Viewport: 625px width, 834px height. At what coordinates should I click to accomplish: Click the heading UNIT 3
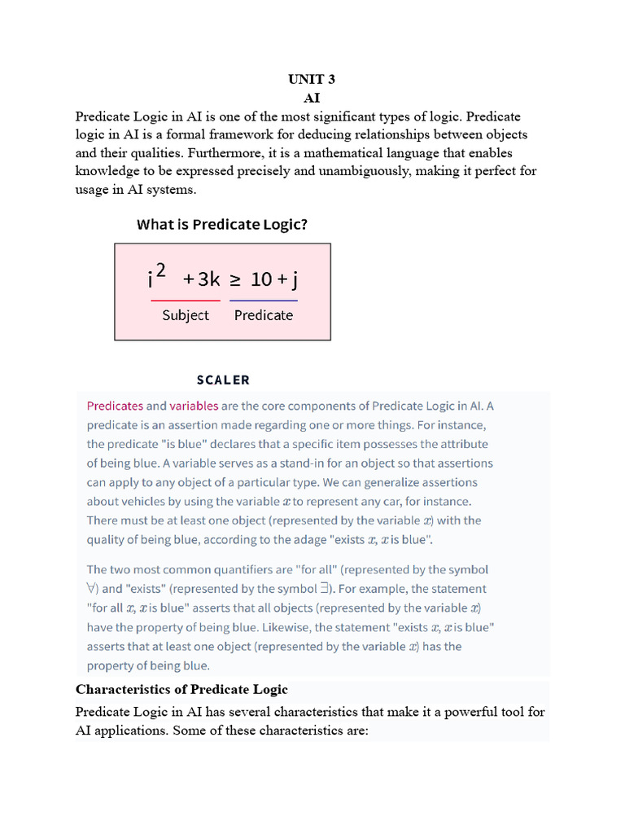point(312,79)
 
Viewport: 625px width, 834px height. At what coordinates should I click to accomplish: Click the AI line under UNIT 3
point(312,98)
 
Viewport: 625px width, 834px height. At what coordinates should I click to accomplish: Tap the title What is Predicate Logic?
point(222,225)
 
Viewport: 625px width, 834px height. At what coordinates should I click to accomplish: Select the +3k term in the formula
point(201,279)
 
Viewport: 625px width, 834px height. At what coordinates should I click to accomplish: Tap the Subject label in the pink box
point(186,315)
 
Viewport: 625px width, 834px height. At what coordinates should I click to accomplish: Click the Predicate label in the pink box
point(264,315)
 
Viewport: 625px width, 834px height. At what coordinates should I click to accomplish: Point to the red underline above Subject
point(186,301)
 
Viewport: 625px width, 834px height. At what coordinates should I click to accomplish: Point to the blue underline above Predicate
point(264,301)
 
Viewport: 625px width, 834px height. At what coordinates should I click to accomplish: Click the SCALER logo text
point(223,380)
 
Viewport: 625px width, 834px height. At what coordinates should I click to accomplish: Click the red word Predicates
point(115,406)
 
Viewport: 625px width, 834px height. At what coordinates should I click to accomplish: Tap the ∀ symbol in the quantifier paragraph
point(92,589)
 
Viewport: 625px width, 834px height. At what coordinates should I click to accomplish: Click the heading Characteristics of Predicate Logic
point(181,689)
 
